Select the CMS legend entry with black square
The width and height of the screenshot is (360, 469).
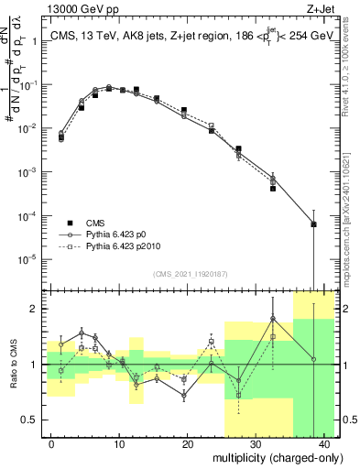[95, 223]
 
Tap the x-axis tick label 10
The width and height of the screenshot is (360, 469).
[119, 444]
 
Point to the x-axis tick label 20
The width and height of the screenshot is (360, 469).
[187, 444]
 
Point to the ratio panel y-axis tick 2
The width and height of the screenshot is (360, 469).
[35, 309]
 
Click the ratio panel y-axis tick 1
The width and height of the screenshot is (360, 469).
[35, 365]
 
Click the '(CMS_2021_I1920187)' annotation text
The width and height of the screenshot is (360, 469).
[191, 274]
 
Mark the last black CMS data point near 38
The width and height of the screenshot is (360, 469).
[313, 224]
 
